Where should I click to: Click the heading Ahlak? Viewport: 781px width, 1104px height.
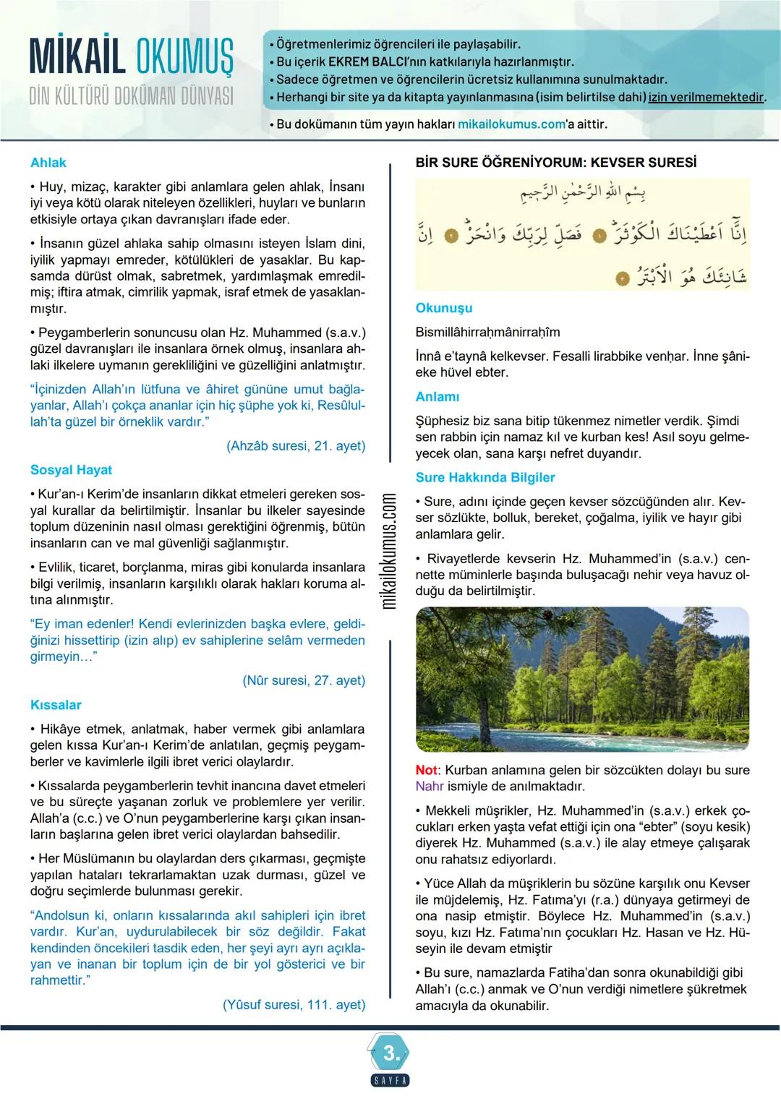48,163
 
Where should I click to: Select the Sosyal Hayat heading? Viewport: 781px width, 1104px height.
71,470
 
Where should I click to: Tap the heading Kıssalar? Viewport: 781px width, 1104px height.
56,705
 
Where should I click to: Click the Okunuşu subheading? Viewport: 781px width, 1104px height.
443,308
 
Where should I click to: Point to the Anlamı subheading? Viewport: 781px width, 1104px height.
437,397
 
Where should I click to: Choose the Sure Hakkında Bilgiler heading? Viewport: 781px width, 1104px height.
485,477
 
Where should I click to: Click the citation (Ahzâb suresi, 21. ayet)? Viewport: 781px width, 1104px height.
296,446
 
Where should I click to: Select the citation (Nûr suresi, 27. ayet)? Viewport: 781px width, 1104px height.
304,680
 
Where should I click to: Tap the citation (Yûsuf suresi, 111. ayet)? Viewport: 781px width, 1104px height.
294,1004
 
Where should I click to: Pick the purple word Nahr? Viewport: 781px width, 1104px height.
430,787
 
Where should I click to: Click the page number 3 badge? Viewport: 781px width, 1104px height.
391,1054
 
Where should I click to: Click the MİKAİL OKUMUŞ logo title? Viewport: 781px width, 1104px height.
132,57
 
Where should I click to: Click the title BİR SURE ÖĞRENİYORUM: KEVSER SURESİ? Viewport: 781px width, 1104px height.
556,163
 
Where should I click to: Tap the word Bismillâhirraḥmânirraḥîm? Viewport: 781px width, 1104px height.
487,333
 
